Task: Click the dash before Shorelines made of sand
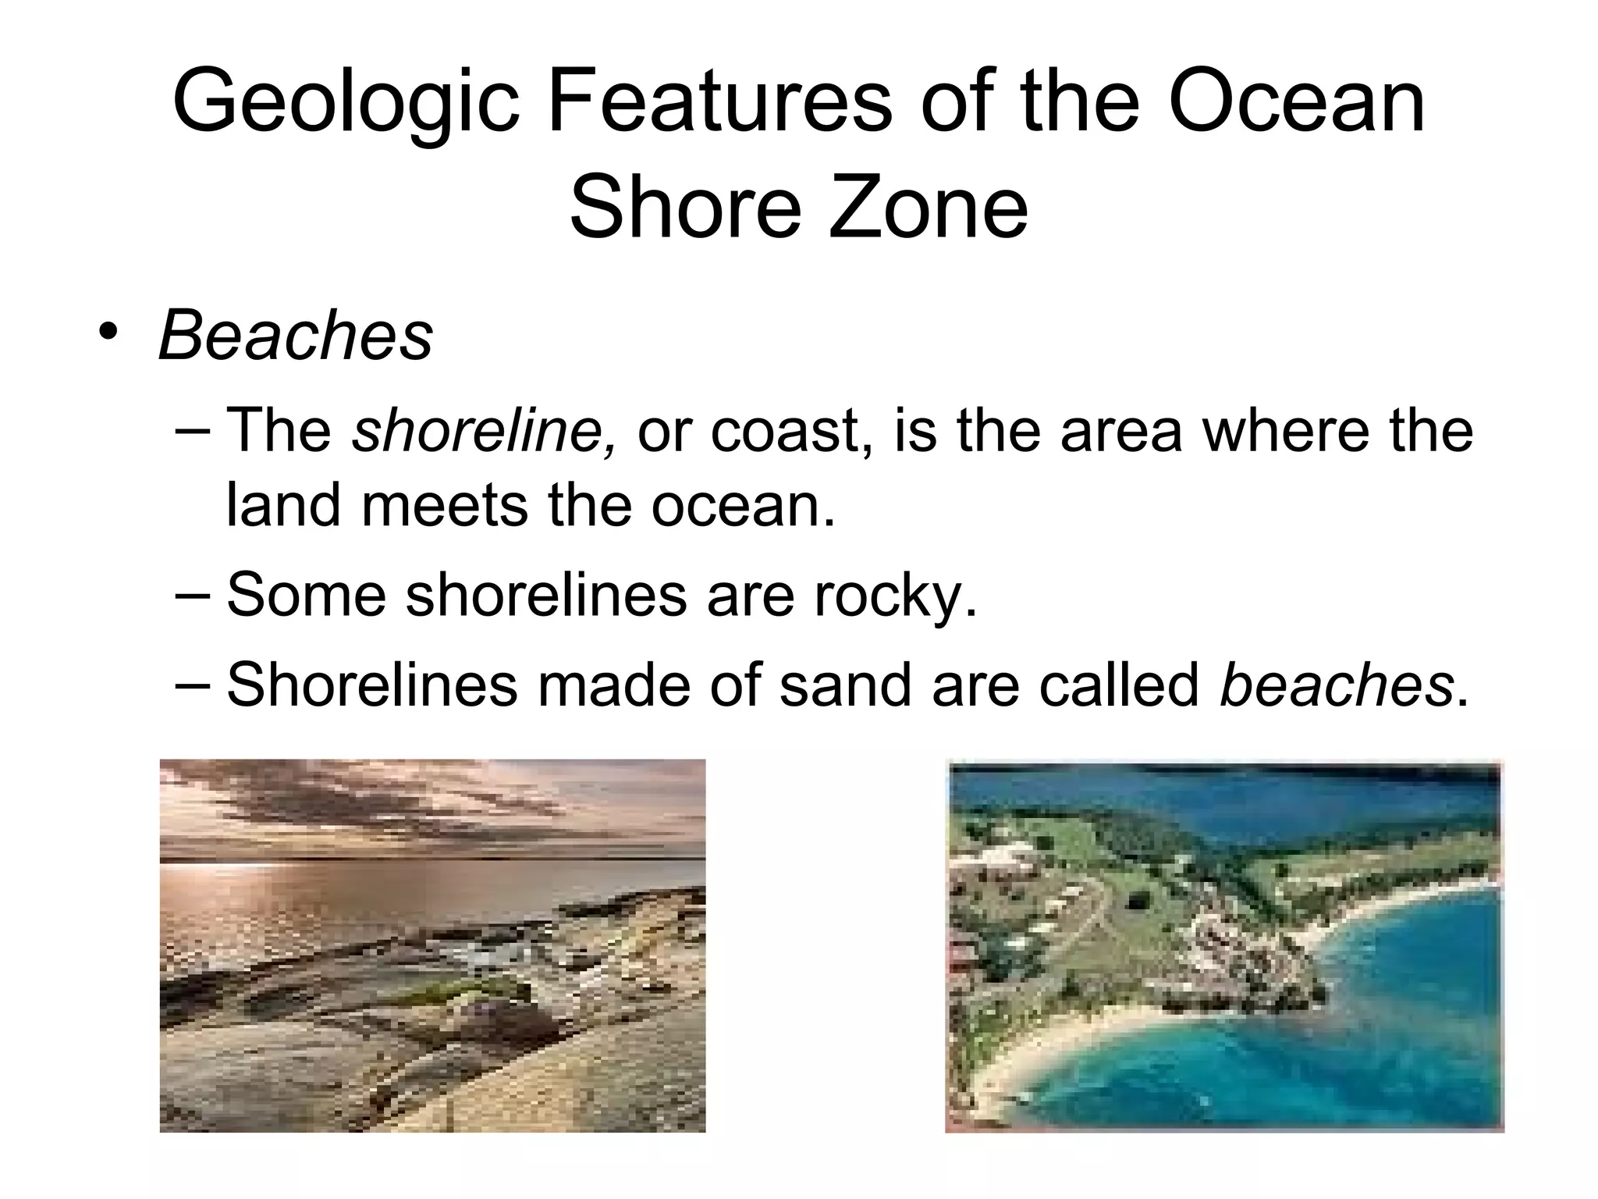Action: [x=194, y=683]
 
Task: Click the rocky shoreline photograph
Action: [x=432, y=945]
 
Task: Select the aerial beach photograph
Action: [x=1223, y=946]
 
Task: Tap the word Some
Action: [x=306, y=595]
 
